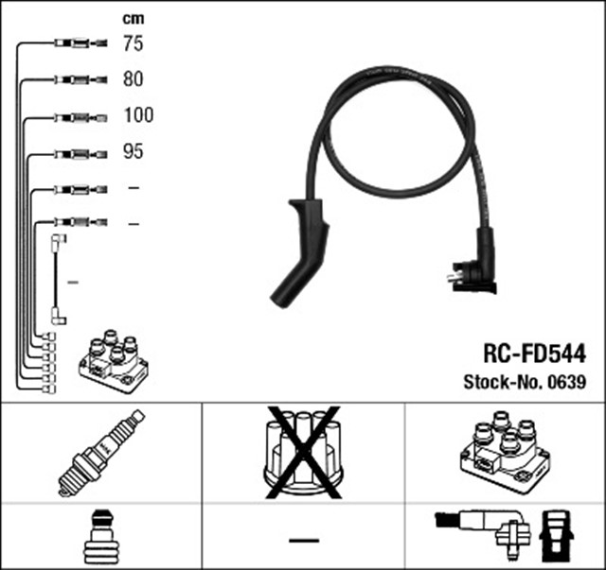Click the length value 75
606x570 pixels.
133,43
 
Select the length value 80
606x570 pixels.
133,79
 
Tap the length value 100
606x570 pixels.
137,115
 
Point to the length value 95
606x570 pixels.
133,151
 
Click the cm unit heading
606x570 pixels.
134,18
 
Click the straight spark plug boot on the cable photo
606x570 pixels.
300,251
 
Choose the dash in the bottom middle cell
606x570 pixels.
303,540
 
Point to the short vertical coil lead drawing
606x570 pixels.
57,281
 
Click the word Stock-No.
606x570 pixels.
499,383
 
